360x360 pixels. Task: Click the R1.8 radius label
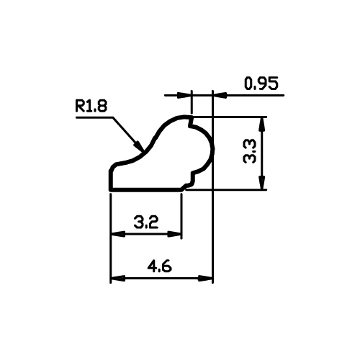click(91, 107)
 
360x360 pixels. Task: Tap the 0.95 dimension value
click(261, 84)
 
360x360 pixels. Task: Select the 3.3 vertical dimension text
click(250, 152)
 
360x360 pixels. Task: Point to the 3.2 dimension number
click(146, 222)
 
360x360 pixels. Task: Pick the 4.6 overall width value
click(160, 266)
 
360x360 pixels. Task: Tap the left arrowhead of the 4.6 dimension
click(117, 279)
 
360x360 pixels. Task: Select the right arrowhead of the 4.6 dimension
click(205, 279)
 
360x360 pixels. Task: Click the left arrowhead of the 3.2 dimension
click(117, 234)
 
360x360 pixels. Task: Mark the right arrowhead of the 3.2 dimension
click(174, 234)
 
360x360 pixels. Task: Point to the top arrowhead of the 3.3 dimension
click(262, 124)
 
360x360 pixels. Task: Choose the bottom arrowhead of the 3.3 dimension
click(262, 183)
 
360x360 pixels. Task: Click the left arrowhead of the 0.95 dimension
click(184, 95)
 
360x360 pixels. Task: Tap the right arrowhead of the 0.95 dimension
click(220, 95)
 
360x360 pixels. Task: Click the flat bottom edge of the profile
click(145, 190)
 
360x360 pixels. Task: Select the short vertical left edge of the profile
click(111, 179)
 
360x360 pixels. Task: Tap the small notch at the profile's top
click(191, 122)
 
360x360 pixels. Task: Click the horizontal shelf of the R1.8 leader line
click(94, 117)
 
